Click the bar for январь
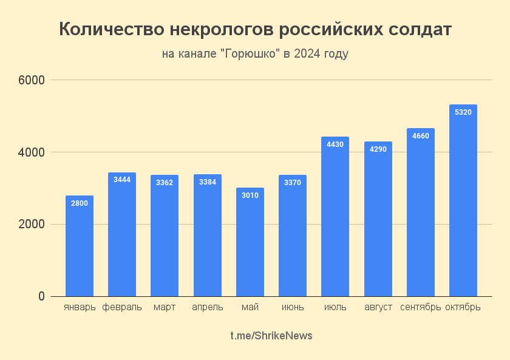click(x=80, y=246)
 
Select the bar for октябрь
click(x=463, y=200)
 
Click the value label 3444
click(x=122, y=180)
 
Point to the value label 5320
click(x=463, y=112)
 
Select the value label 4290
click(x=378, y=149)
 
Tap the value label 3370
click(x=293, y=182)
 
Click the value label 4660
click(x=421, y=135)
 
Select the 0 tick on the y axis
click(x=41, y=296)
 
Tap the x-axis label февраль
click(x=122, y=307)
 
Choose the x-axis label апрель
click(x=207, y=307)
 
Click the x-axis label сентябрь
click(x=420, y=307)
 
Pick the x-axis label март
click(x=165, y=307)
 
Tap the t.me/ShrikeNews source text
click(x=271, y=336)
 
